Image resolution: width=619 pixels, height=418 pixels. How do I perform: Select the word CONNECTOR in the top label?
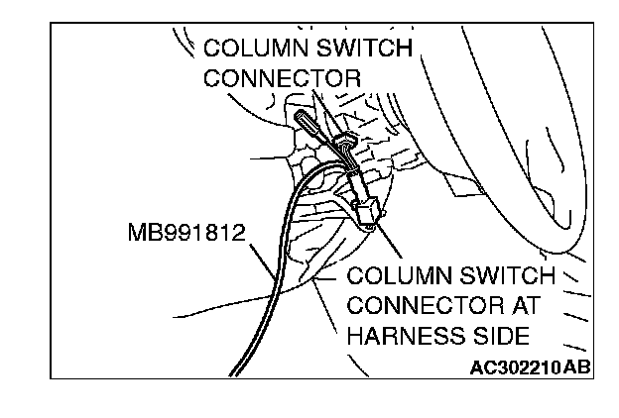tap(282, 76)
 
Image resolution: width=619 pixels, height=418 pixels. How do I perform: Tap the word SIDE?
tap(505, 335)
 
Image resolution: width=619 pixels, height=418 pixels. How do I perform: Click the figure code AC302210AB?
tap(531, 367)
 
